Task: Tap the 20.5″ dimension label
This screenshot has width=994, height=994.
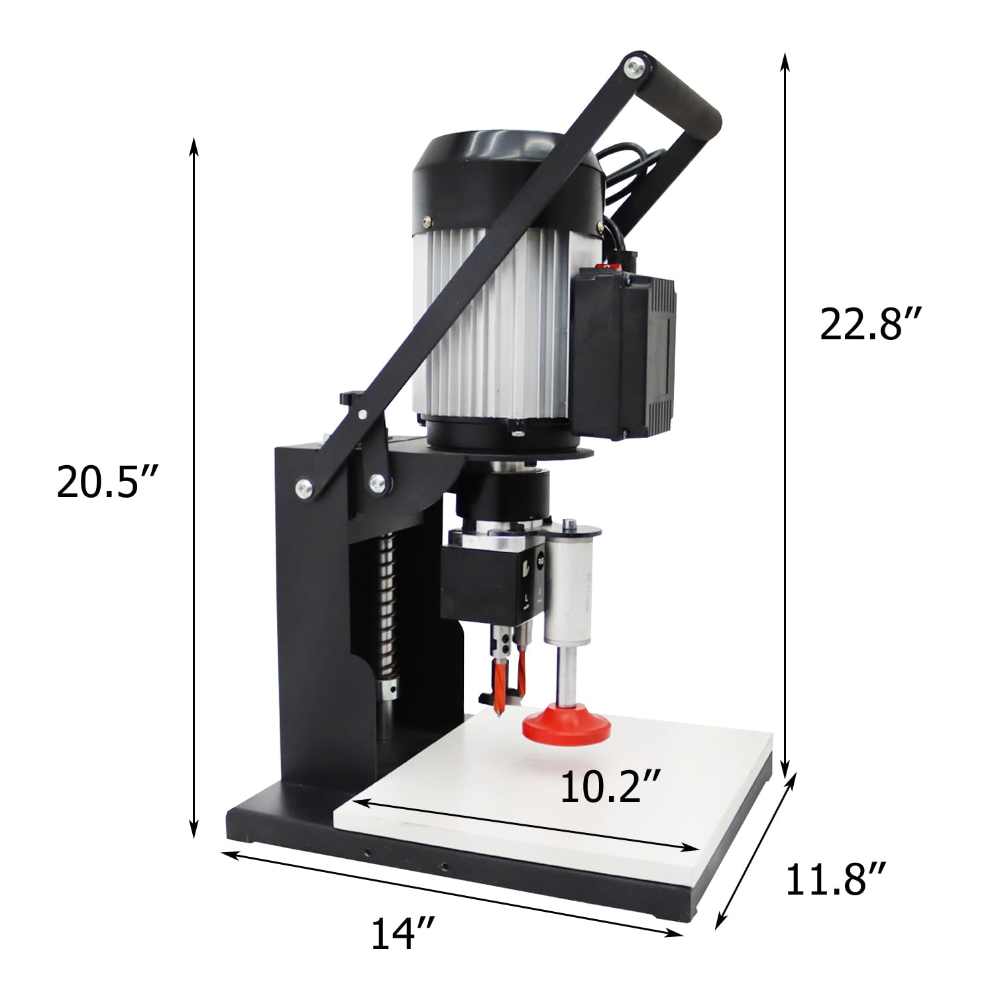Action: click(107, 482)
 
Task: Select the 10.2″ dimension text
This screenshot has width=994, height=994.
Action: click(610, 787)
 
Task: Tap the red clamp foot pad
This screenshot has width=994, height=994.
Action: click(567, 726)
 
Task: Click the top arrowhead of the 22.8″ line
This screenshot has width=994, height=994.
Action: click(786, 60)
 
